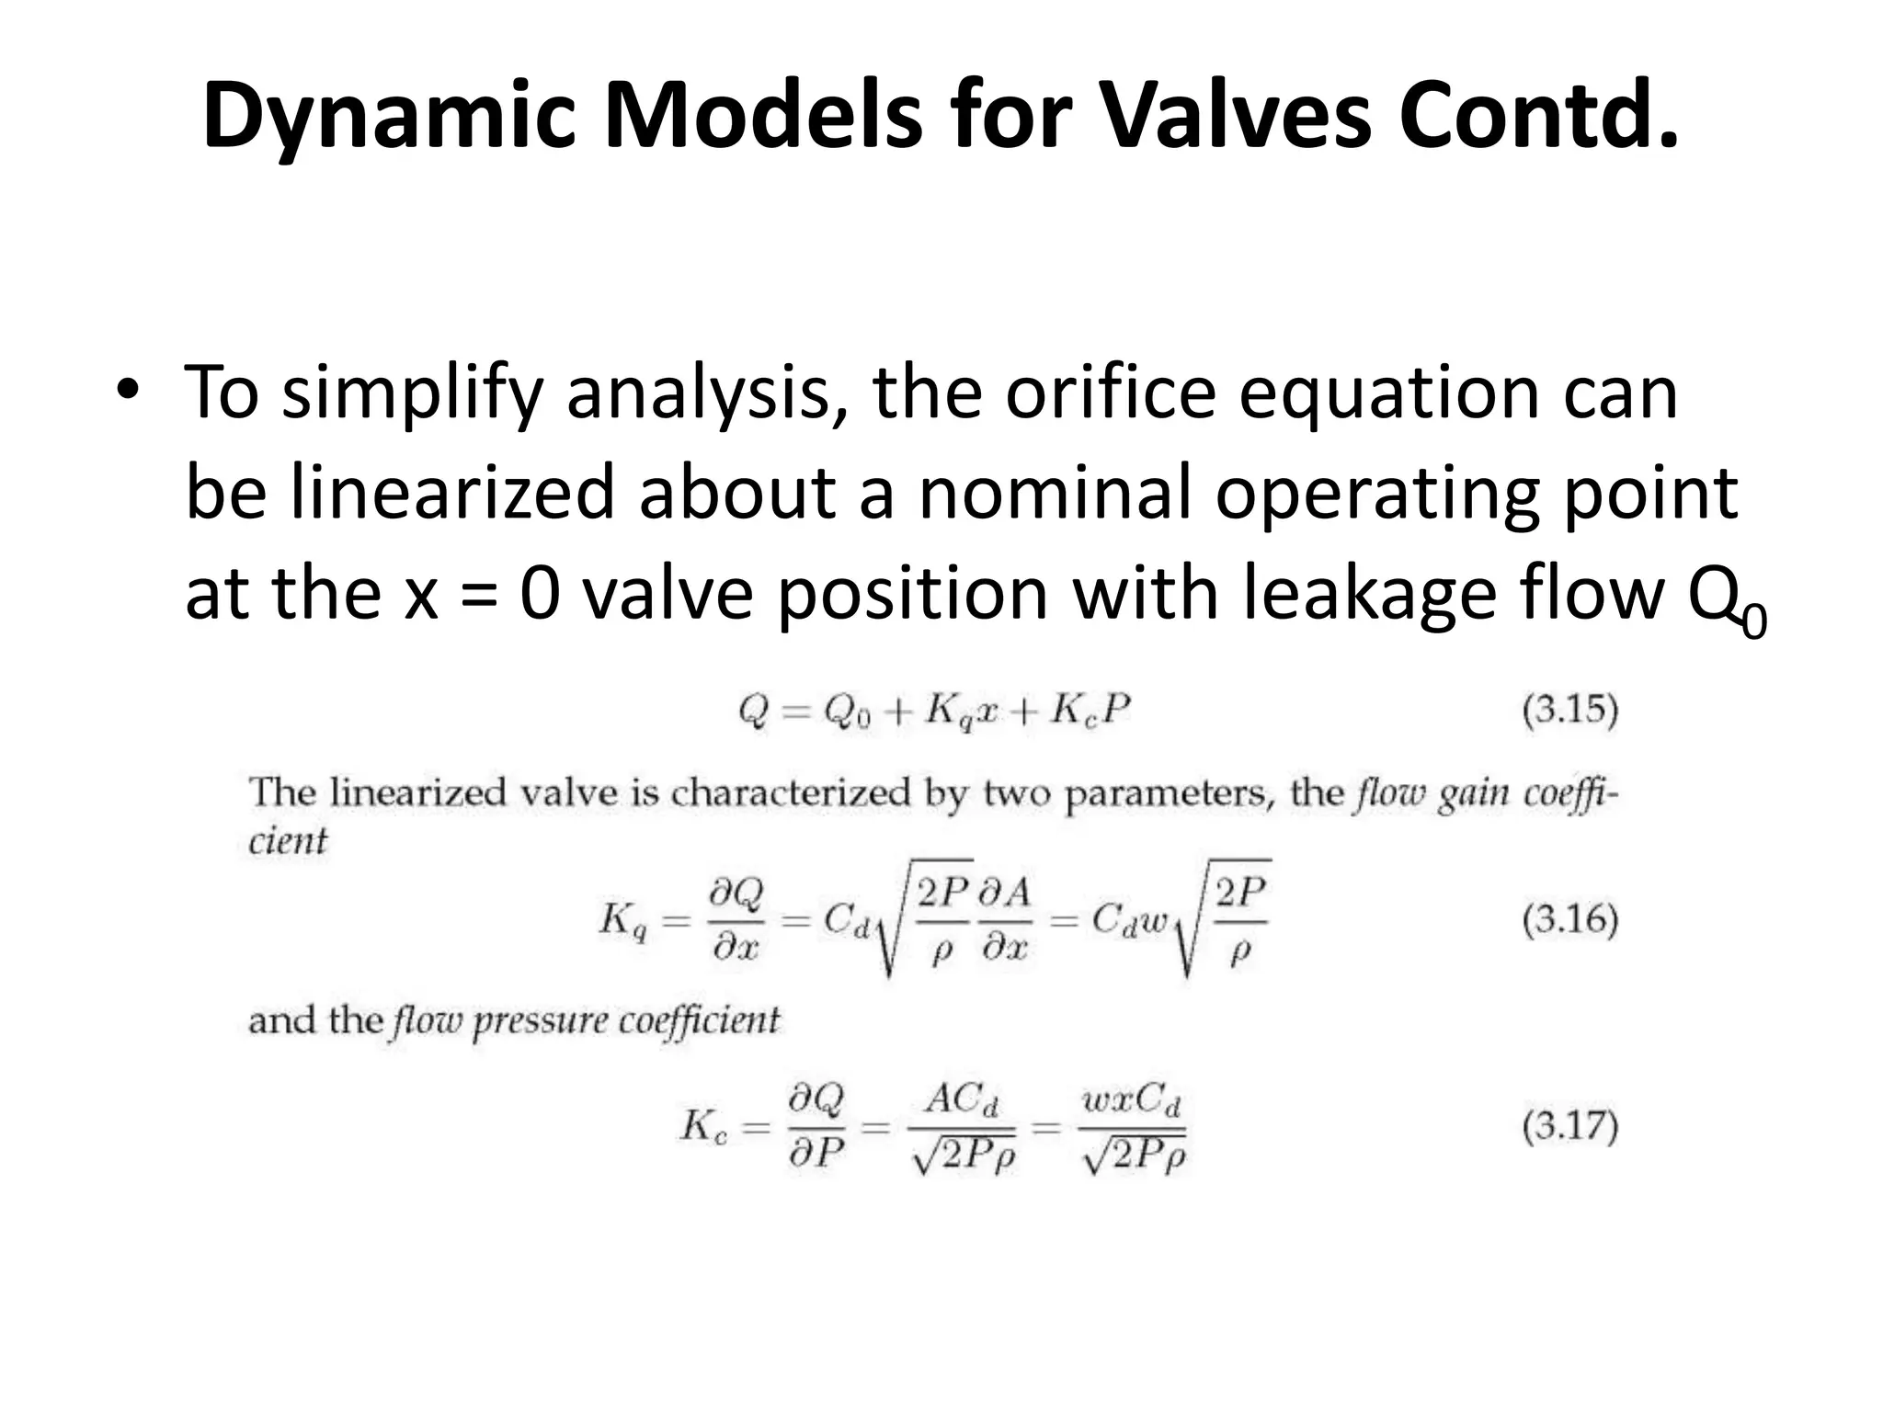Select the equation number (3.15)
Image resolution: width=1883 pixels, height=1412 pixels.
(1569, 711)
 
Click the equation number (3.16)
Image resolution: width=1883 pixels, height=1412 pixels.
(1569, 919)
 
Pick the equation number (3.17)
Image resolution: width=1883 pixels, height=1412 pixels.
(1569, 1127)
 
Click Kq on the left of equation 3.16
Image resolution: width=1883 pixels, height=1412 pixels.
(623, 919)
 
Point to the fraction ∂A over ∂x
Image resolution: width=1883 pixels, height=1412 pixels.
(1004, 919)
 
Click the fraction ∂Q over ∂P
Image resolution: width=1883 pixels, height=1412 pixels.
(816, 1127)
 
